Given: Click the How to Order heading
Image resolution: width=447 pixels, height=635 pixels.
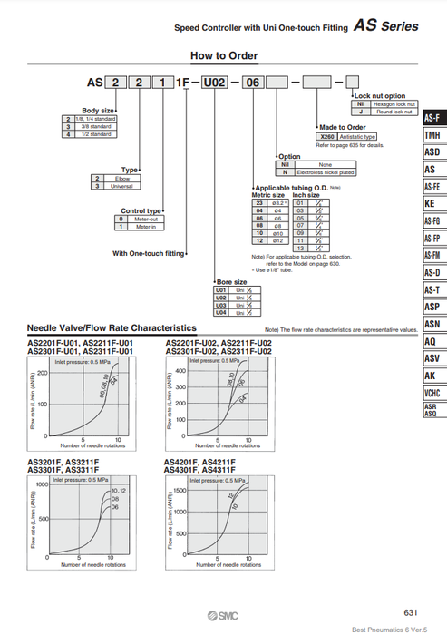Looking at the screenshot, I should [224, 56].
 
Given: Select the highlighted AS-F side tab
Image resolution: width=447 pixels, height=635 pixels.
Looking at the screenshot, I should [432, 119].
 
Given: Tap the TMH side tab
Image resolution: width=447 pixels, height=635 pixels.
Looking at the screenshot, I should [432, 136].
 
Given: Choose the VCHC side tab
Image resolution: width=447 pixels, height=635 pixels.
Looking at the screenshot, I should [432, 393].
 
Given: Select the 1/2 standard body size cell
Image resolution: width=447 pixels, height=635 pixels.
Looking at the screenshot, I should [94, 133].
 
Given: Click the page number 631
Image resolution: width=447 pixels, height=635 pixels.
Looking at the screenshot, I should [410, 612].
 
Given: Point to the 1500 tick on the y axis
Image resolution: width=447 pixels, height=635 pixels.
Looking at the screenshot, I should [179, 490].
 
